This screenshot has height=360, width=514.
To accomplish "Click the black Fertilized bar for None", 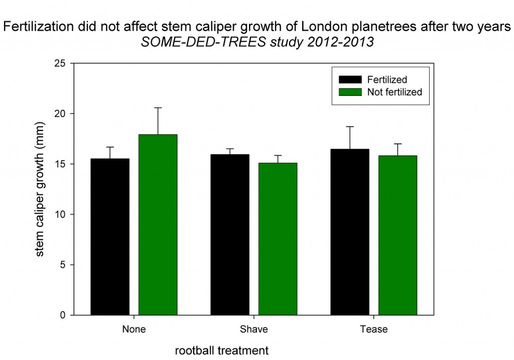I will click(x=110, y=237).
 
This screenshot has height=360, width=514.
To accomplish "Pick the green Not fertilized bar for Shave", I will click(x=278, y=239).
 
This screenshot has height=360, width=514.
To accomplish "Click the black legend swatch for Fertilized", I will click(x=350, y=80).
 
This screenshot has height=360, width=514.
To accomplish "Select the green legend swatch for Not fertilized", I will click(x=350, y=92).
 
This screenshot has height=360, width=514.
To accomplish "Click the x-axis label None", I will click(x=134, y=329).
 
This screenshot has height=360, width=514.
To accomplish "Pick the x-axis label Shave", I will click(x=253, y=329).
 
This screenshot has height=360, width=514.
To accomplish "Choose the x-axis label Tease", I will click(x=373, y=329).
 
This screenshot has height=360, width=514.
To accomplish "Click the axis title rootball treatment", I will click(x=221, y=350).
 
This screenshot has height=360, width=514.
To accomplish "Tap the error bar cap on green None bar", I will click(x=158, y=107).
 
